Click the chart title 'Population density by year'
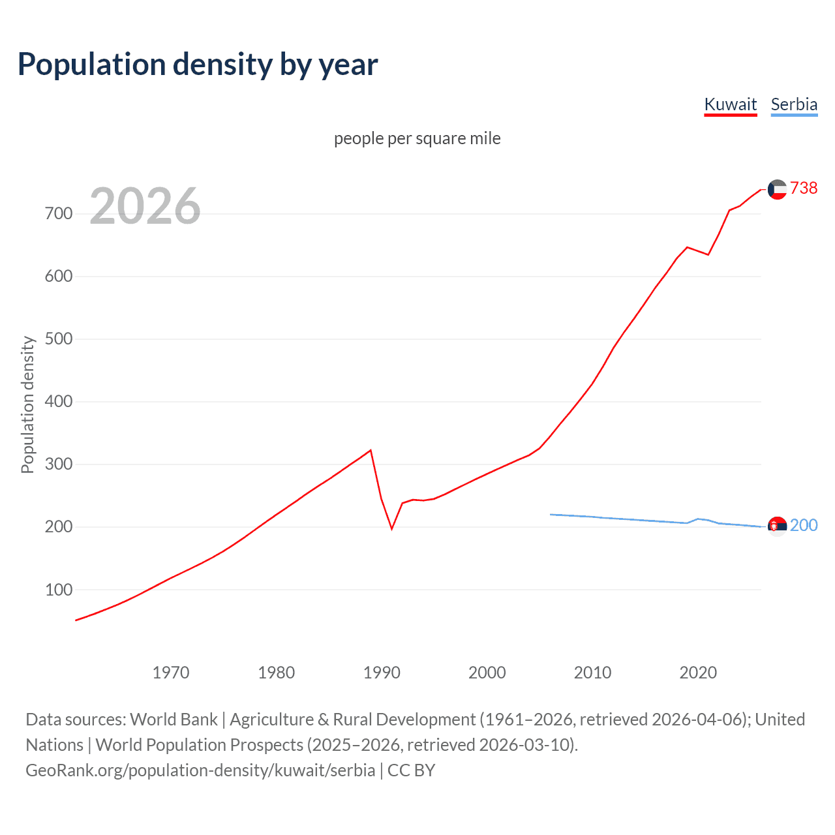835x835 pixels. [198, 65]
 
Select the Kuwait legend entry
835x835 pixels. [730, 104]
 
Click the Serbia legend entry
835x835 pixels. [793, 104]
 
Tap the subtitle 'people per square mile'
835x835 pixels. [417, 138]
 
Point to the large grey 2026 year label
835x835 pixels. [145, 206]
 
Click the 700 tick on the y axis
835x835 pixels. [59, 214]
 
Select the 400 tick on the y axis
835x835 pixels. [59, 402]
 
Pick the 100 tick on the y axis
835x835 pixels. [59, 590]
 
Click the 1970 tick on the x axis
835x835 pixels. [171, 673]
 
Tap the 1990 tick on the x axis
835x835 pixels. [382, 673]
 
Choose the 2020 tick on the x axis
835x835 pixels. [698, 673]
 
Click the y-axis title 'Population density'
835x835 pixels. [27, 404]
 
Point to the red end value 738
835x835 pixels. [804, 188]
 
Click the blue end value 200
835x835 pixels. [804, 525]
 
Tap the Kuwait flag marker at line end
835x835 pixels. [777, 189]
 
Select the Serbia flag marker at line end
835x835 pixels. [777, 526]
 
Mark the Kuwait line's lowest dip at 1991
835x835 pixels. [392, 528]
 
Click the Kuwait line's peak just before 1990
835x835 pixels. [371, 450]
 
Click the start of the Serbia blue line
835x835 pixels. [551, 515]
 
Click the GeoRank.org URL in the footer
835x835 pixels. [200, 770]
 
